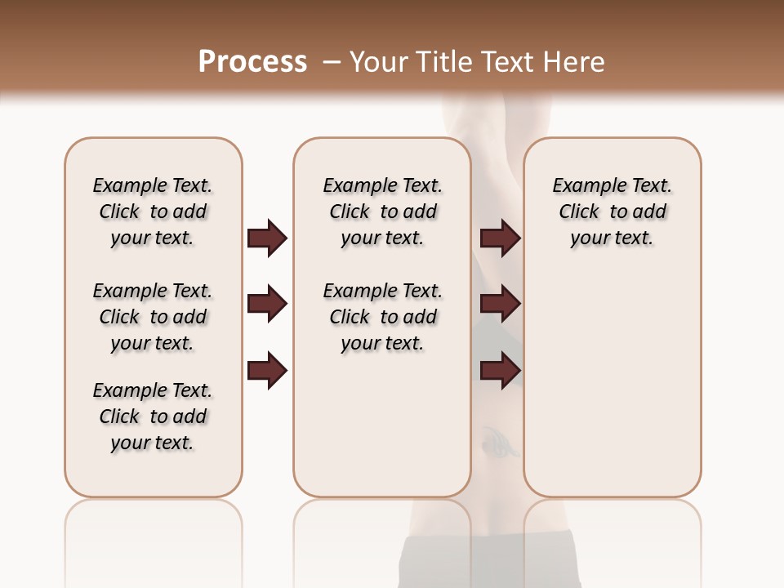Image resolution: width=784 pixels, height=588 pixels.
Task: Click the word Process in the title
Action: (252, 61)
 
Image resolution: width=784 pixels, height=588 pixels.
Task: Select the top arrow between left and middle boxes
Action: (267, 238)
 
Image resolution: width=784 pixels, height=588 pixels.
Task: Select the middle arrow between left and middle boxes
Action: (267, 304)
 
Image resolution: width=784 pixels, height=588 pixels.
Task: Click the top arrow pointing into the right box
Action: (501, 238)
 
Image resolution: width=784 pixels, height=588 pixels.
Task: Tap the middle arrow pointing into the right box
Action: (501, 304)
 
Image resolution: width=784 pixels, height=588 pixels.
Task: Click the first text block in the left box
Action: (153, 212)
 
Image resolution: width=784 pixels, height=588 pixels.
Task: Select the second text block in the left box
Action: (153, 317)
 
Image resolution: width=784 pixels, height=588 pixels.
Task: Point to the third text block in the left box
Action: (153, 416)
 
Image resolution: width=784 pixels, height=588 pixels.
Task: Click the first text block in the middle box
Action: (383, 212)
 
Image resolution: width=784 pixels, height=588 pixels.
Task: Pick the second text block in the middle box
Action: (383, 317)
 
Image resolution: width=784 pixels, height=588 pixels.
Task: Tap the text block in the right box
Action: (612, 212)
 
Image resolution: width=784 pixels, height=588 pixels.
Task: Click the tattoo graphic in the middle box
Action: (496, 442)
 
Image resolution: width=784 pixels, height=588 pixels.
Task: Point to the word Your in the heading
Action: (380, 61)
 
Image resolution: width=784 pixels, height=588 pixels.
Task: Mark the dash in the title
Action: (332, 61)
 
